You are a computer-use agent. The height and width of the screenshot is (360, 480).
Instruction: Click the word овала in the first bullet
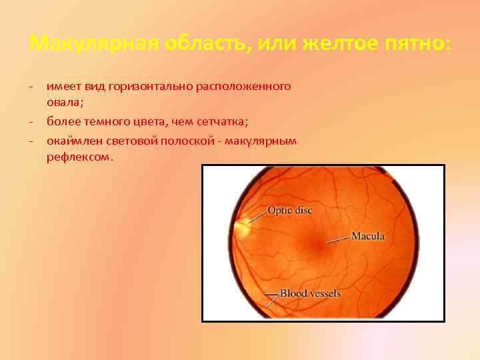(63, 103)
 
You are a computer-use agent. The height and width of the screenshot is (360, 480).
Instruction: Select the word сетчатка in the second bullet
(223, 121)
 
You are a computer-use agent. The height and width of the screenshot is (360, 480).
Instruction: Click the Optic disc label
(289, 211)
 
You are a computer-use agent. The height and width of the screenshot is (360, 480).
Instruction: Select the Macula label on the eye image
(367, 236)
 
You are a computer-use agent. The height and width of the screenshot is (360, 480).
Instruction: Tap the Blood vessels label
(309, 293)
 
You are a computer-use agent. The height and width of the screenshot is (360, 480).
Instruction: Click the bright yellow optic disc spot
(241, 227)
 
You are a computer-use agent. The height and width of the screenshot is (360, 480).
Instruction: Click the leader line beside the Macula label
(339, 238)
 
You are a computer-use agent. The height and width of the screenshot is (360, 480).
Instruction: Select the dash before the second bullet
(32, 121)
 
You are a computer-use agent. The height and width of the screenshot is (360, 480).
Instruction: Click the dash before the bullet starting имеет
(32, 87)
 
